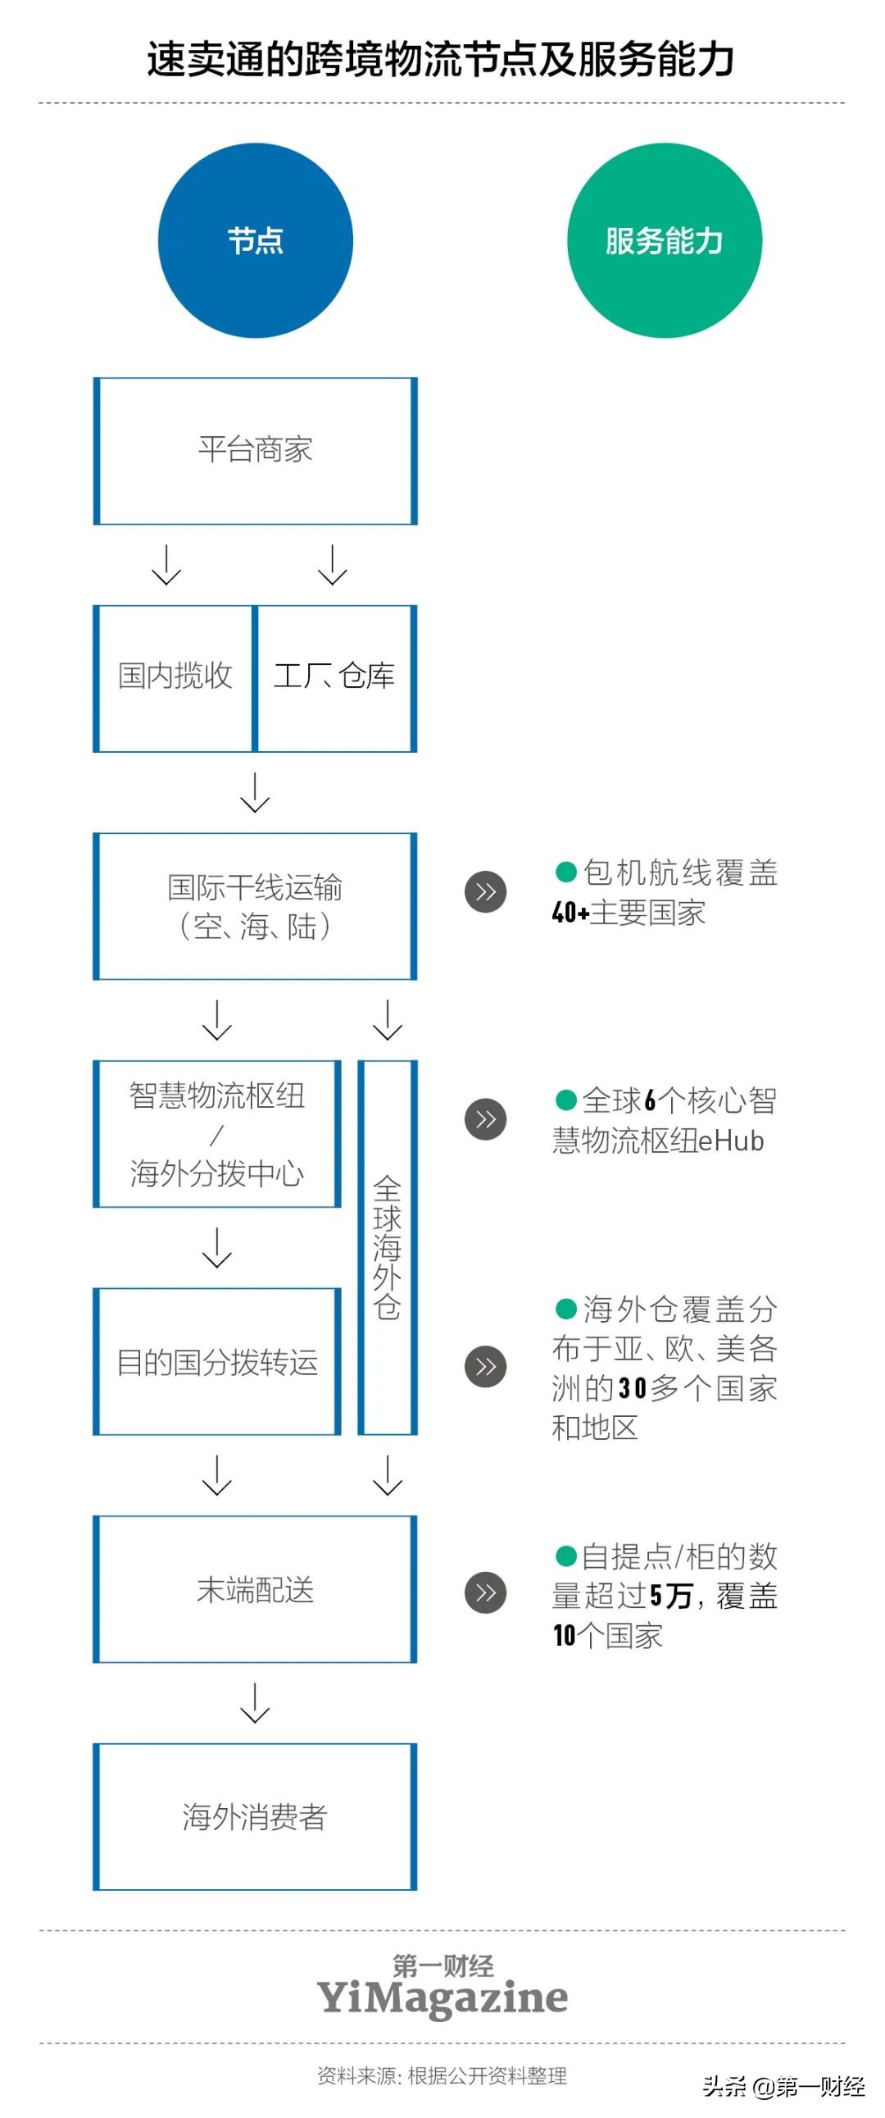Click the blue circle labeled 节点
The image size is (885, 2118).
[255, 241]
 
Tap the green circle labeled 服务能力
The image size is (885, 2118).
[664, 241]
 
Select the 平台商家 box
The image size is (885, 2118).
[255, 450]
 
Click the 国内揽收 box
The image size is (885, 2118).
[175, 677]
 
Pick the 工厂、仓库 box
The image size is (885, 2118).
[334, 677]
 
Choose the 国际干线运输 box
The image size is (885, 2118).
[255, 906]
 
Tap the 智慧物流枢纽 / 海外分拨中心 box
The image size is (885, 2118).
[217, 1134]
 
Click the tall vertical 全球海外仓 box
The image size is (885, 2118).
[387, 1246]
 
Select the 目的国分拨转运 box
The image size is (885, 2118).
[217, 1361]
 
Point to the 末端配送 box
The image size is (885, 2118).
[255, 1589]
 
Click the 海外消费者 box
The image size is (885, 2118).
[255, 1817]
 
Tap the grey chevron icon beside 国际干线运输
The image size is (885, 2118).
[486, 892]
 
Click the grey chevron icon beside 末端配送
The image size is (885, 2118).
[486, 1592]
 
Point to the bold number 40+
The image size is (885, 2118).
[570, 913]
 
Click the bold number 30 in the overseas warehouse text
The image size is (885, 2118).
[632, 1389]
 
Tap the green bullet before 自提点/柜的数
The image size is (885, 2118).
[565, 1555]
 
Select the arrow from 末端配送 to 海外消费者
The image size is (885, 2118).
[255, 1702]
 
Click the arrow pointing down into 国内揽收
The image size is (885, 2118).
[167, 564]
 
